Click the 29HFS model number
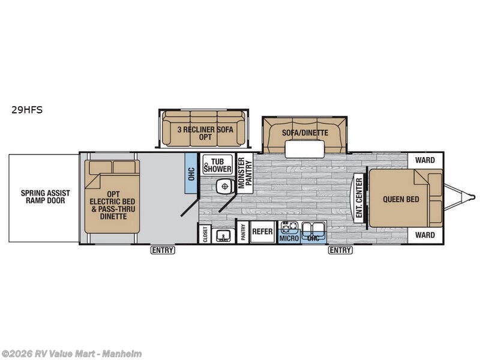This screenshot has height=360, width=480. click(x=27, y=110)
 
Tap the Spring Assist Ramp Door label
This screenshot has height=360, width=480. click(x=46, y=197)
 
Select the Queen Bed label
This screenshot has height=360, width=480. click(x=401, y=199)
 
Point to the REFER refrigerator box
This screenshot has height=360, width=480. click(x=262, y=232)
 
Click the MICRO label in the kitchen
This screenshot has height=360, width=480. click(x=289, y=238)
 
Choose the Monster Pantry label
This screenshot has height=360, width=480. click(x=245, y=173)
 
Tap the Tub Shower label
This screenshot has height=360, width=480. click(x=218, y=165)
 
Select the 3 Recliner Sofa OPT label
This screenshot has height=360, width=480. click(x=205, y=133)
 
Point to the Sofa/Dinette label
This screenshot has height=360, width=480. click(x=305, y=133)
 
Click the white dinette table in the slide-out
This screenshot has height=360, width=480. click(x=305, y=149)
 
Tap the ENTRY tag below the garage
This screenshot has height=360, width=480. click(x=163, y=250)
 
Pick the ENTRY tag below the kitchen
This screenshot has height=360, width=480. click(x=340, y=250)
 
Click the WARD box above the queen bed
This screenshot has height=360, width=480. click(x=425, y=160)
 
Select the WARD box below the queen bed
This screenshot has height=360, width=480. click(x=425, y=235)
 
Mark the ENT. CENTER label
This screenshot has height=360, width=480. click(x=359, y=198)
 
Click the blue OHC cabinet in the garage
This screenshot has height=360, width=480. click(x=191, y=173)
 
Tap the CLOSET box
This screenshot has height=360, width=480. click(x=205, y=234)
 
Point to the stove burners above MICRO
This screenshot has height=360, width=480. click(x=289, y=227)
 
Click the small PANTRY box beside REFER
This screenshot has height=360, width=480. click(x=243, y=232)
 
